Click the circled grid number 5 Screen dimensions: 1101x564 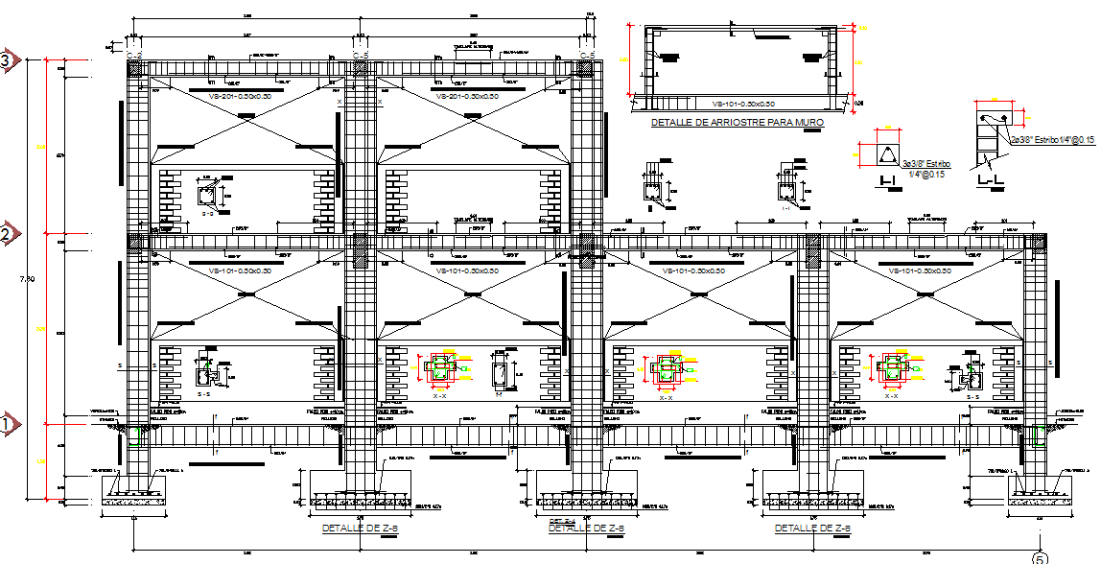[1040, 556]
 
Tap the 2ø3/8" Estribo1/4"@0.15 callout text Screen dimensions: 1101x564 [1052, 140]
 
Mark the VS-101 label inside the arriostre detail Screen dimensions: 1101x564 [738, 104]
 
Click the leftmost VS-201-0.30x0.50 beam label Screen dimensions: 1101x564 [232, 96]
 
